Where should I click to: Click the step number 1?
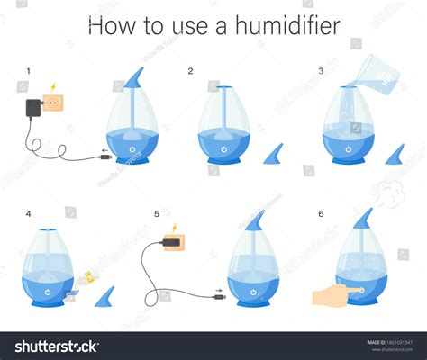(29, 71)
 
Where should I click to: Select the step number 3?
(320, 71)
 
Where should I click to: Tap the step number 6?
(321, 214)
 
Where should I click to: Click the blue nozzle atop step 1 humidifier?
(133, 79)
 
